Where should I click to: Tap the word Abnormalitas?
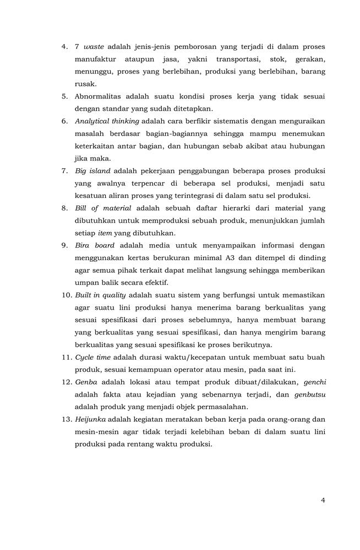coord(101,96)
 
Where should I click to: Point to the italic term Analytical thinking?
coord(107,121)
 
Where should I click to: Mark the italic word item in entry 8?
coord(105,233)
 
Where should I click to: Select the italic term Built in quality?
coord(101,295)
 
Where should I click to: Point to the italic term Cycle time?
coord(93,357)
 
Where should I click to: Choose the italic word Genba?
coord(86,382)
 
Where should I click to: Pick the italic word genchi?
coord(314,382)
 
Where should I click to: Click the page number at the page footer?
coord(323,500)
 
